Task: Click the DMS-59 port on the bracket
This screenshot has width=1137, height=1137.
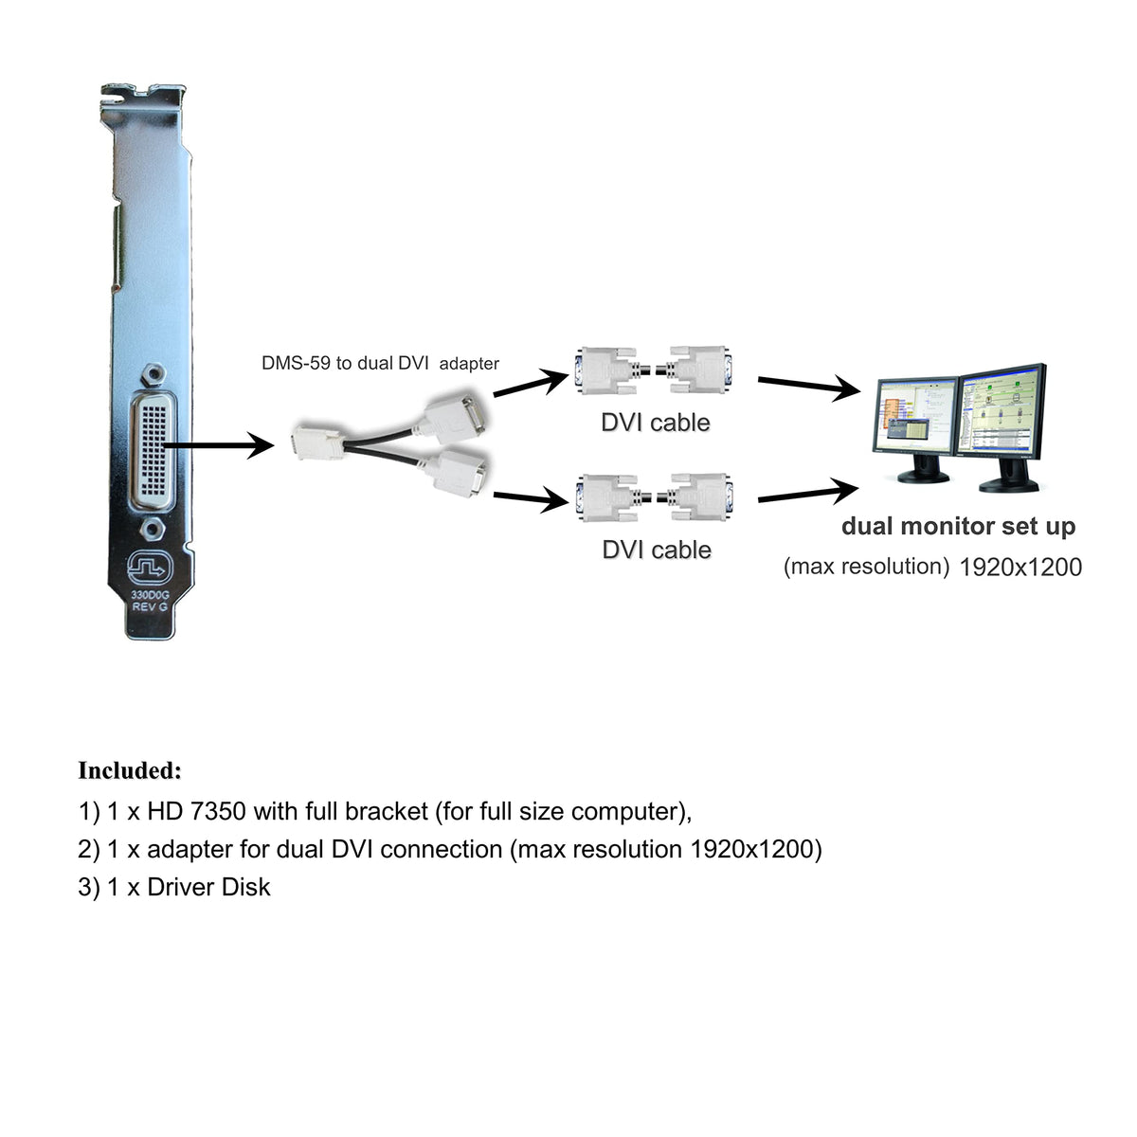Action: [x=151, y=446]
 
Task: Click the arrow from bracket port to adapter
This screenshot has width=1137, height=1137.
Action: [x=218, y=443]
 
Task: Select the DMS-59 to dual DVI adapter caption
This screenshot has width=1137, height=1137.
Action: [x=380, y=363]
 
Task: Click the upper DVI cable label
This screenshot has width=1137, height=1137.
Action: [x=656, y=423]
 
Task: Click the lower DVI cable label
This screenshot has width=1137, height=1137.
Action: [x=657, y=550]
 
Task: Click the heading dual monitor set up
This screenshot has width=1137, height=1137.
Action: [x=958, y=527]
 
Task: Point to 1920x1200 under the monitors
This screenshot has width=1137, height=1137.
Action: [x=1020, y=568]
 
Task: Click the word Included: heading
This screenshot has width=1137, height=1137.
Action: [x=129, y=770]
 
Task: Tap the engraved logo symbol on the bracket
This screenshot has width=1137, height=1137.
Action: [x=150, y=568]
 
